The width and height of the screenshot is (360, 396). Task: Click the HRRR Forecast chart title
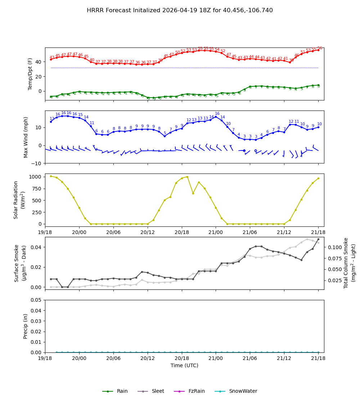coord(180,10)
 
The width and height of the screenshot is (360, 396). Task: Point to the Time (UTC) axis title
coord(184,365)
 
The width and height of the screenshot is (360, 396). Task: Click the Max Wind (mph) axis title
coord(26,137)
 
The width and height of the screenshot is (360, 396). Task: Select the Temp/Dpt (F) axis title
coord(30,74)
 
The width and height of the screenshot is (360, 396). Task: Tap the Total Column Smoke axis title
coord(346,263)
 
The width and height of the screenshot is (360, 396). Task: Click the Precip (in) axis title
coord(26,326)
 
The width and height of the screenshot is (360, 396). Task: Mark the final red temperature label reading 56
coord(320,48)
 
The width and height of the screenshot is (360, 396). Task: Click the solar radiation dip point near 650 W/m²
coord(193,193)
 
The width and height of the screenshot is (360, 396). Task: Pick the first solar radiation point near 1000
coord(51,176)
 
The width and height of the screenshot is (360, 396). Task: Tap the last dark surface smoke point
coord(318,239)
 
